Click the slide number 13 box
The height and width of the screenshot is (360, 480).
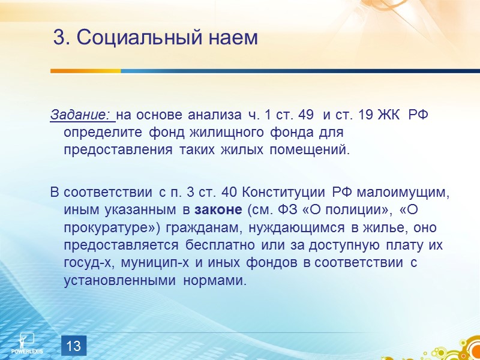(x=74, y=346)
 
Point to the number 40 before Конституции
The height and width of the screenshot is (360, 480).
(x=229, y=193)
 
